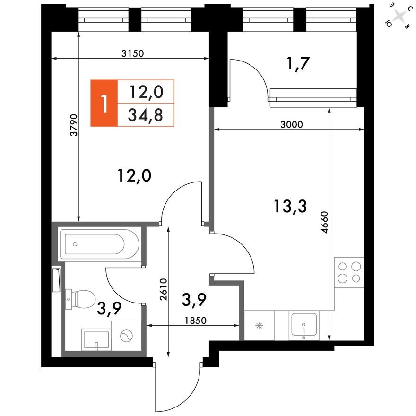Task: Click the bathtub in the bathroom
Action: pos(99,244)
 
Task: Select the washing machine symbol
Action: pos(126,336)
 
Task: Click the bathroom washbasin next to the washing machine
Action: pos(96,339)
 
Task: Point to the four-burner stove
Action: pos(349,272)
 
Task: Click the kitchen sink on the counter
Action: pos(303,325)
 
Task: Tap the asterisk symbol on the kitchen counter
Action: pos(259,325)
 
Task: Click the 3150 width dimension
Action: pos(132,53)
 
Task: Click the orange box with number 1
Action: pos(104,103)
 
